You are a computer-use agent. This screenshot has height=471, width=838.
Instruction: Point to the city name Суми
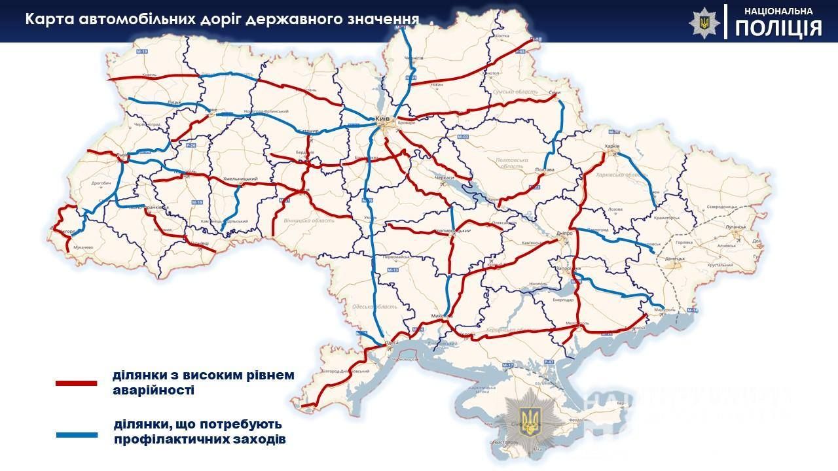click(555, 93)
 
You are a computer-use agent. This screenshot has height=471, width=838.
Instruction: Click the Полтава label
click(545, 169)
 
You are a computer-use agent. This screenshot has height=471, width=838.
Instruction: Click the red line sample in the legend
click(77, 383)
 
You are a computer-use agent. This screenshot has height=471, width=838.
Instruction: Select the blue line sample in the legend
click(77, 434)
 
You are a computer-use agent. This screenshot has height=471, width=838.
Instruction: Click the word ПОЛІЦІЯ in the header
click(778, 28)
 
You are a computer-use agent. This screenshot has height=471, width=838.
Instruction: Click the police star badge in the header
click(704, 22)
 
